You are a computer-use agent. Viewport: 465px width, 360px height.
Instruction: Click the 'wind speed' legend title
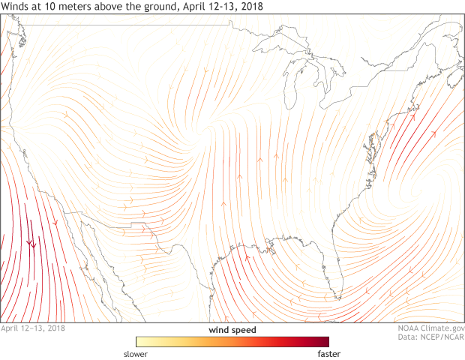point(232,330)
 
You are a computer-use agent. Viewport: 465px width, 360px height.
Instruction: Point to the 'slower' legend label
point(136,353)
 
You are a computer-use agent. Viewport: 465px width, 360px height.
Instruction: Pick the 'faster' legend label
point(330,353)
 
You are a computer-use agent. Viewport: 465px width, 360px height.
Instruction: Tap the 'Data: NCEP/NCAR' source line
point(431,338)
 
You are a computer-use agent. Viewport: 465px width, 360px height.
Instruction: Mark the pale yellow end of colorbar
point(139,342)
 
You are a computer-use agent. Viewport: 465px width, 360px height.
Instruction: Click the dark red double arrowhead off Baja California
point(31,243)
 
